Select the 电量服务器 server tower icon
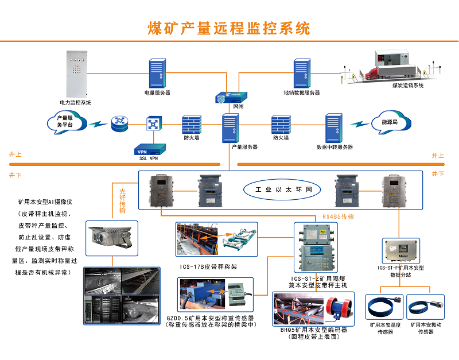pyautogui.click(x=157, y=73)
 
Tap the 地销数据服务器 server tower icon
pyautogui.click(x=302, y=73)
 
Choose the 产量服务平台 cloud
pyautogui.click(x=65, y=122)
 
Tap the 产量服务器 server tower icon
pyautogui.click(x=230, y=127)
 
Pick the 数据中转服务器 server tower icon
pyautogui.click(x=334, y=127)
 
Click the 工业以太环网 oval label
pyautogui.click(x=279, y=189)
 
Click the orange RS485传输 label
pyautogui.click(x=338, y=217)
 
